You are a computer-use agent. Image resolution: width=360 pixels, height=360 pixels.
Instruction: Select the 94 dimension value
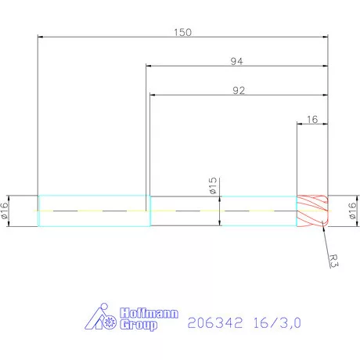tap(236, 61)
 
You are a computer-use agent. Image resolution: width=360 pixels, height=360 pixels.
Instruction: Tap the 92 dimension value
tap(239, 91)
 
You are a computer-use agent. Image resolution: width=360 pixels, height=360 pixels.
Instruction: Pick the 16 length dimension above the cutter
tap(312, 120)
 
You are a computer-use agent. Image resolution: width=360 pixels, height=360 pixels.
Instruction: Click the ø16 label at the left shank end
tap(5, 211)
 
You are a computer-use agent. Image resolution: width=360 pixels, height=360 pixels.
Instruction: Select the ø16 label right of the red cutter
tap(351, 211)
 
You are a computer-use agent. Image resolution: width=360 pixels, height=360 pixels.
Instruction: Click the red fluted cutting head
tap(311, 211)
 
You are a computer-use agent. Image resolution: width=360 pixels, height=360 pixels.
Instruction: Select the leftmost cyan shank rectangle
tap(92, 211)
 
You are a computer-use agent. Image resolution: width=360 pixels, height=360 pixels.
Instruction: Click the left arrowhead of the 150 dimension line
tap(41, 37)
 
